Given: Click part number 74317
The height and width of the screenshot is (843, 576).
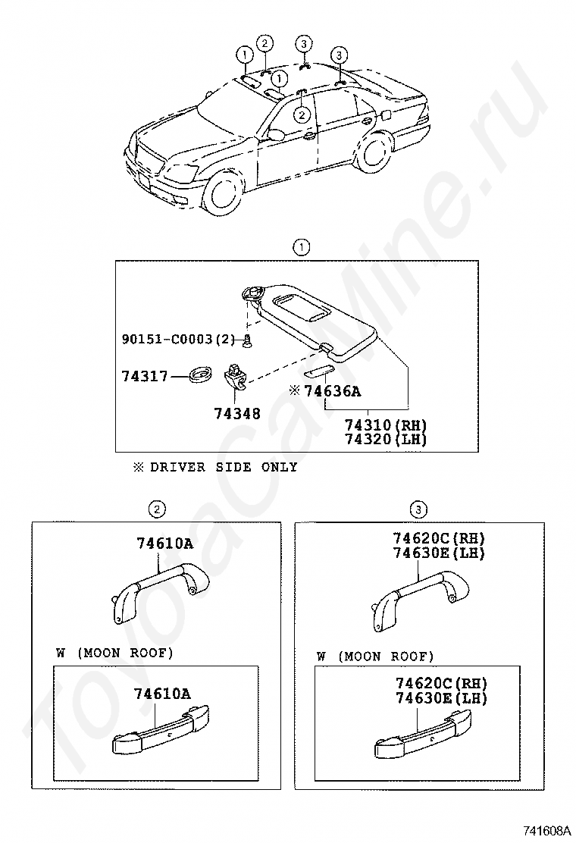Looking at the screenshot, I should [144, 376].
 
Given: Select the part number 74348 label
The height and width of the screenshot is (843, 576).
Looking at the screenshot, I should [236, 414].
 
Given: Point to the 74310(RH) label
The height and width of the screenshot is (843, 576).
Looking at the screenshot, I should [386, 426].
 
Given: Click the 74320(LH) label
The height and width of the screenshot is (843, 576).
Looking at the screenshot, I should [386, 440].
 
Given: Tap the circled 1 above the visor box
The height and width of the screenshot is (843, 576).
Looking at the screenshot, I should [302, 246].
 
